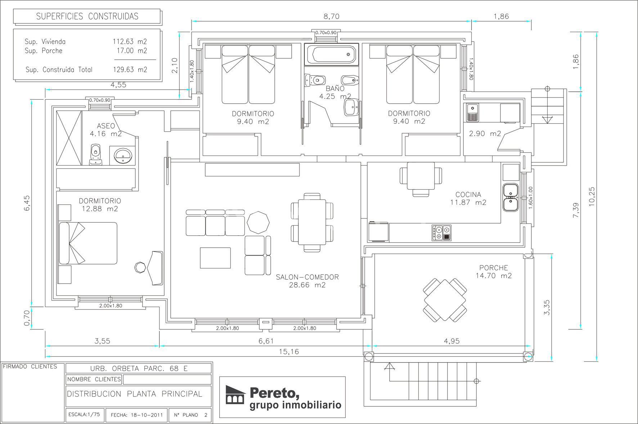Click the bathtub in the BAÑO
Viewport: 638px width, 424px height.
332,55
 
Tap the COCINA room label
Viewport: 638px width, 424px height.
468,195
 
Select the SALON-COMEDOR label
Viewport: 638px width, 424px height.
307,277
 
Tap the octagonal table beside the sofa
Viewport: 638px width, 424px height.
258,222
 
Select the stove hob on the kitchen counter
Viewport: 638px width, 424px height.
441,233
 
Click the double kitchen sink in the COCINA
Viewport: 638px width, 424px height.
511,198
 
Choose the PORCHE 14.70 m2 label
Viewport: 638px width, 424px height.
494,272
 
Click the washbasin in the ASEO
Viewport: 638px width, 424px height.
122,155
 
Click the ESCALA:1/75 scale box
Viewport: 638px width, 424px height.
84,415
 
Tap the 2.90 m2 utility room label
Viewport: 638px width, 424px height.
485,134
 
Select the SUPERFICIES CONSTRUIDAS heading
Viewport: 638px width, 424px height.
87,16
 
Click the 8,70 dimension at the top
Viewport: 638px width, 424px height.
331,16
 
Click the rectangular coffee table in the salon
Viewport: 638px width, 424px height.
215,258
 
